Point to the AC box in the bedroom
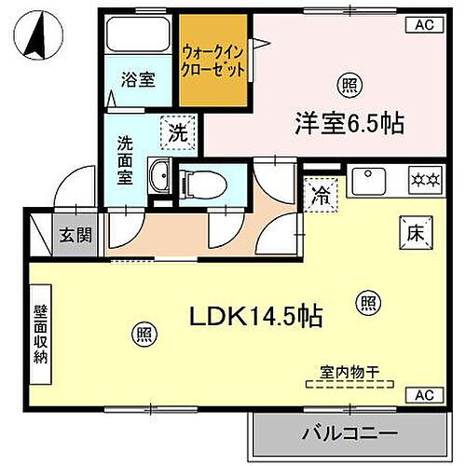click(422, 25)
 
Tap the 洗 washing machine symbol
click(178, 131)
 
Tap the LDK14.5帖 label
click(257, 317)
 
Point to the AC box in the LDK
click(422, 394)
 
